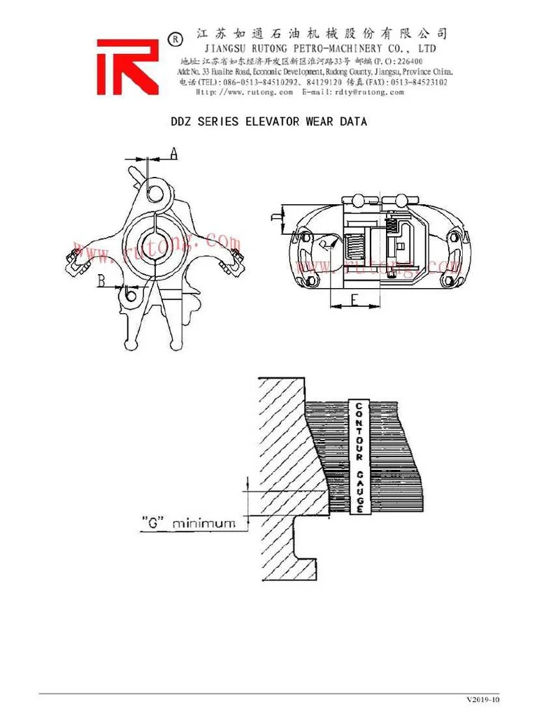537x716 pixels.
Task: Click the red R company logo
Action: (x=128, y=66)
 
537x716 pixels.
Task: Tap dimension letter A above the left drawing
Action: (x=174, y=153)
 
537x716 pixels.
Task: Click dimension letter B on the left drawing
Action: (x=102, y=281)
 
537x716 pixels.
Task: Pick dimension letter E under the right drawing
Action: (x=355, y=301)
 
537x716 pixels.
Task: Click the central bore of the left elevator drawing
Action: (x=155, y=246)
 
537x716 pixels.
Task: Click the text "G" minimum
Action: (x=188, y=522)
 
